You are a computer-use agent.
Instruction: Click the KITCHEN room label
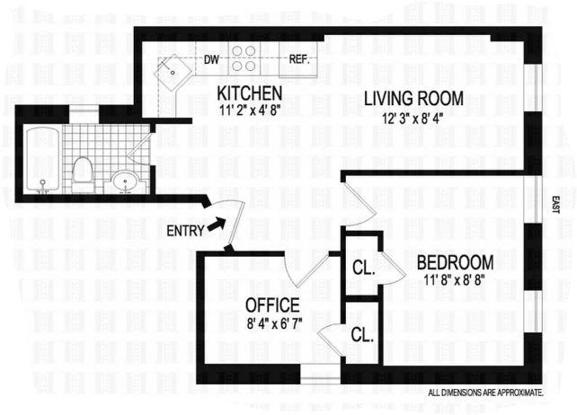pos(250,93)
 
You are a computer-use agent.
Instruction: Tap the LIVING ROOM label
pos(413,99)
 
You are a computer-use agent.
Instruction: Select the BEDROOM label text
pos(455,262)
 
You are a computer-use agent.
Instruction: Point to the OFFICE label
pos(272,305)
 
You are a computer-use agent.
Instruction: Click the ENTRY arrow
pos(217,224)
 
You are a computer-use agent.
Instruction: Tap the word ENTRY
pos(185,231)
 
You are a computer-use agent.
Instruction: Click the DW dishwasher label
pos(211,59)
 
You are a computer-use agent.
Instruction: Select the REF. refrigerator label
pos(297,59)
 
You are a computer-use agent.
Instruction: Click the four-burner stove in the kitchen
pos(244,58)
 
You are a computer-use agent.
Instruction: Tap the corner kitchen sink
pos(173,73)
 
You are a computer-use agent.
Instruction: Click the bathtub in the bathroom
pos(43,160)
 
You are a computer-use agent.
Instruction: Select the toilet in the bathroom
pos(82,174)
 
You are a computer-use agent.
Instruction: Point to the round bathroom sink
pos(126,181)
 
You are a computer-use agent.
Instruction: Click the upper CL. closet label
pos(364,268)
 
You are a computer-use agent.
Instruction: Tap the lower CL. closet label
pos(362,335)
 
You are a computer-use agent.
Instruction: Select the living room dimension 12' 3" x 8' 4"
pos(413,119)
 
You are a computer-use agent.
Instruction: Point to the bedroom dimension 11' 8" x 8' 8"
pos(453,280)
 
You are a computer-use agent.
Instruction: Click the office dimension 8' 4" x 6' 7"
pos(274,323)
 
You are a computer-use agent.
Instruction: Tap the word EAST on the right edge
pos(555,205)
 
